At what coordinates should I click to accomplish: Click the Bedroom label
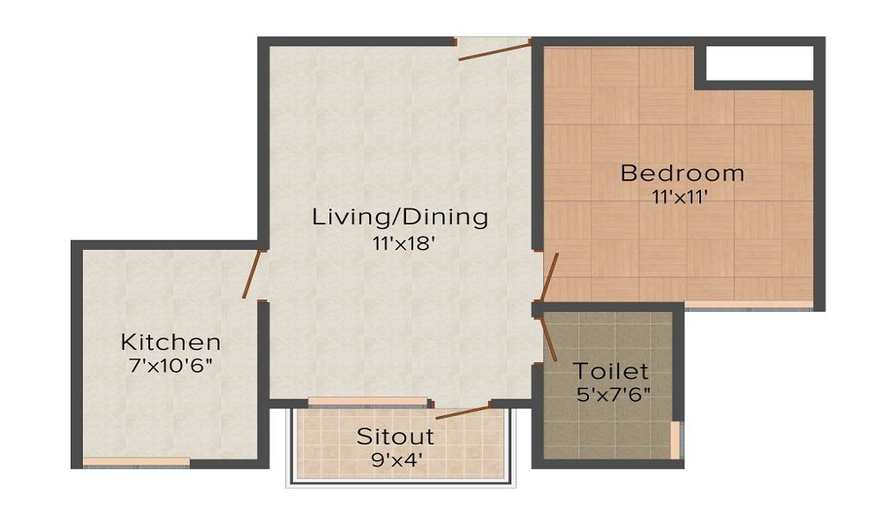pos(682,172)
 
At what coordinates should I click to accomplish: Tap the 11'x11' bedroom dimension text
pos(682,197)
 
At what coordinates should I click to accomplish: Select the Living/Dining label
pos(400,216)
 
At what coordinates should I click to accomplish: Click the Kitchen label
pos(170,342)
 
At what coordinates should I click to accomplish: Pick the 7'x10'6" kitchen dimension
pos(170,365)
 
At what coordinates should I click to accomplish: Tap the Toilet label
pos(611,371)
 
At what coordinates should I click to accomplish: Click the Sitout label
pos(396,436)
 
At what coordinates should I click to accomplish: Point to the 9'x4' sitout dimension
pos(396,459)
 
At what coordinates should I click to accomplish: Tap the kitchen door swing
pos(253,275)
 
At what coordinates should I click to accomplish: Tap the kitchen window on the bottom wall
pos(136,462)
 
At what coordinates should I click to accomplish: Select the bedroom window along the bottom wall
pos(749,306)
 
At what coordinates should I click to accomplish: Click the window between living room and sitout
pos(367,403)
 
